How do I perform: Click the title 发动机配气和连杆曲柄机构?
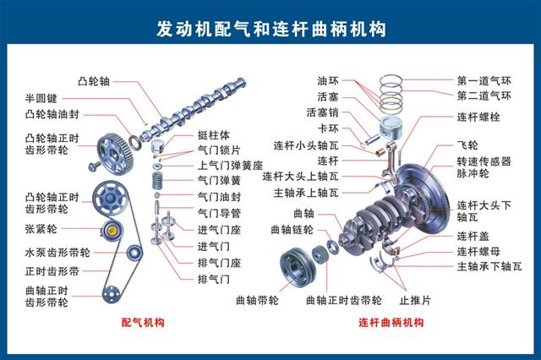270,29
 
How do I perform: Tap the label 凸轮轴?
93,82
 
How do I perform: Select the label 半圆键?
41,97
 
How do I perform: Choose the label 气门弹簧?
217,180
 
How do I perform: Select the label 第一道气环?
484,81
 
